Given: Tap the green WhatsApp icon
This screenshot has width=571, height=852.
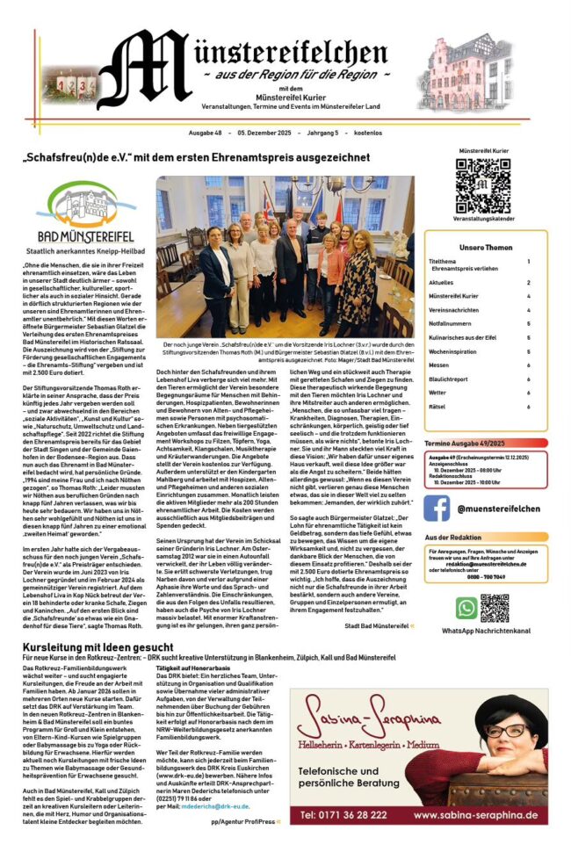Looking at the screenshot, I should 466,607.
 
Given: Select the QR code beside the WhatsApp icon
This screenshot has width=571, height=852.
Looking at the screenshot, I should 495,607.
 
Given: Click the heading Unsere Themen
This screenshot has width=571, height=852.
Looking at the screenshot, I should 485,247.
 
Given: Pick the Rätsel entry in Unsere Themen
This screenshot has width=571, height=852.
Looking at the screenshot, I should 437,407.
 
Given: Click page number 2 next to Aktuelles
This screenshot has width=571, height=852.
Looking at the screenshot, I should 528,283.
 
